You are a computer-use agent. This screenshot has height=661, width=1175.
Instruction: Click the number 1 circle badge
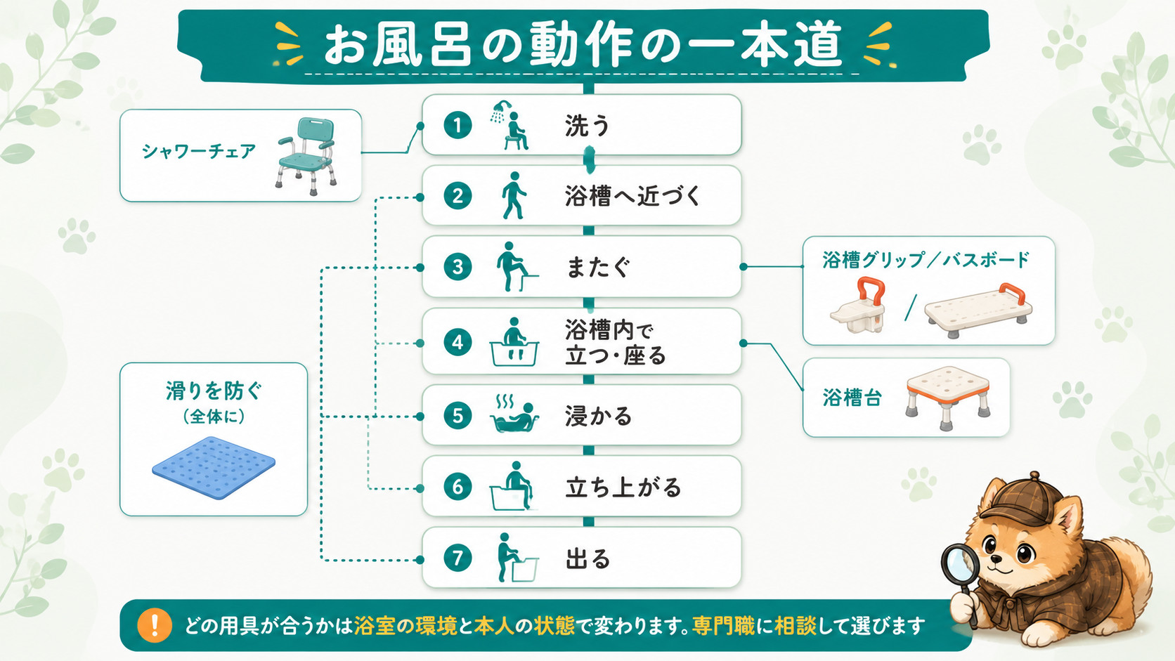457,125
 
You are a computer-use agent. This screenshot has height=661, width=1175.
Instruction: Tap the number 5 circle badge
457,416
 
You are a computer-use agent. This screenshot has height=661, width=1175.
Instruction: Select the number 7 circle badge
457,558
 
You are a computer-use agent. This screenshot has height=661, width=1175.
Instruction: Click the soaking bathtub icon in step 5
514,414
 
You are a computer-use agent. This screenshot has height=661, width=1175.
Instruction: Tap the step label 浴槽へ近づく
632,196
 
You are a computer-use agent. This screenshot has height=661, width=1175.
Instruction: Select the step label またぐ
597,267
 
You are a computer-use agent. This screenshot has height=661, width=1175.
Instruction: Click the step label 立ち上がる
623,487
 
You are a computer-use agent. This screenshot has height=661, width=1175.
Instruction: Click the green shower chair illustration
306,156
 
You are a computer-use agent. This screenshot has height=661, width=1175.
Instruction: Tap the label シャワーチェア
199,152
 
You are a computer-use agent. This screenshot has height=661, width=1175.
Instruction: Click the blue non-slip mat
214,467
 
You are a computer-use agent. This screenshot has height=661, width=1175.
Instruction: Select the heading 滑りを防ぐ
214,391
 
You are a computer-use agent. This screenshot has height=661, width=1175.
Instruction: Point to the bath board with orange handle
978,307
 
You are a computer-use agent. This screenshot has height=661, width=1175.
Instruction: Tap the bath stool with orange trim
948,397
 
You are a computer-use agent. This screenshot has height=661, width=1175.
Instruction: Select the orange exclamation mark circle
154,625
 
